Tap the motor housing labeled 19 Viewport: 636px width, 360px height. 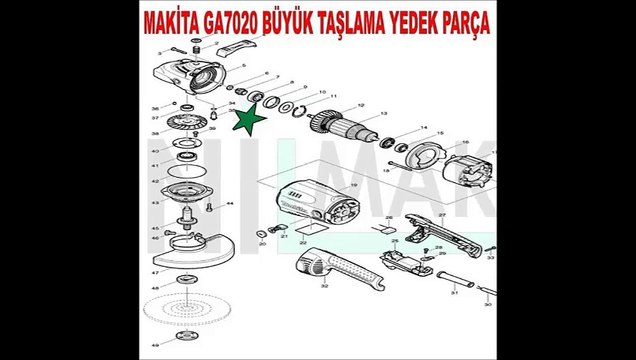[310, 200]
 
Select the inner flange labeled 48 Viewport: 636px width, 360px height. [186, 278]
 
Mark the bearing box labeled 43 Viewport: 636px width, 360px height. [185, 196]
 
